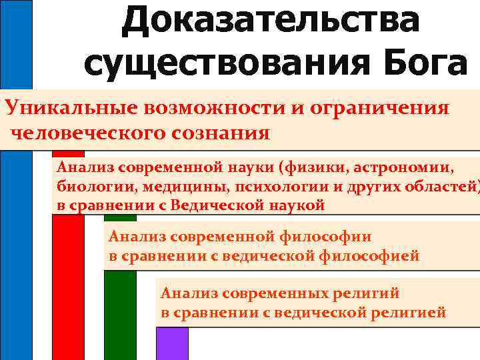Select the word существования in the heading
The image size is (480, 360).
[223, 65]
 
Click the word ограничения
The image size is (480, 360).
[383, 107]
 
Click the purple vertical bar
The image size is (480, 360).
[172, 343]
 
